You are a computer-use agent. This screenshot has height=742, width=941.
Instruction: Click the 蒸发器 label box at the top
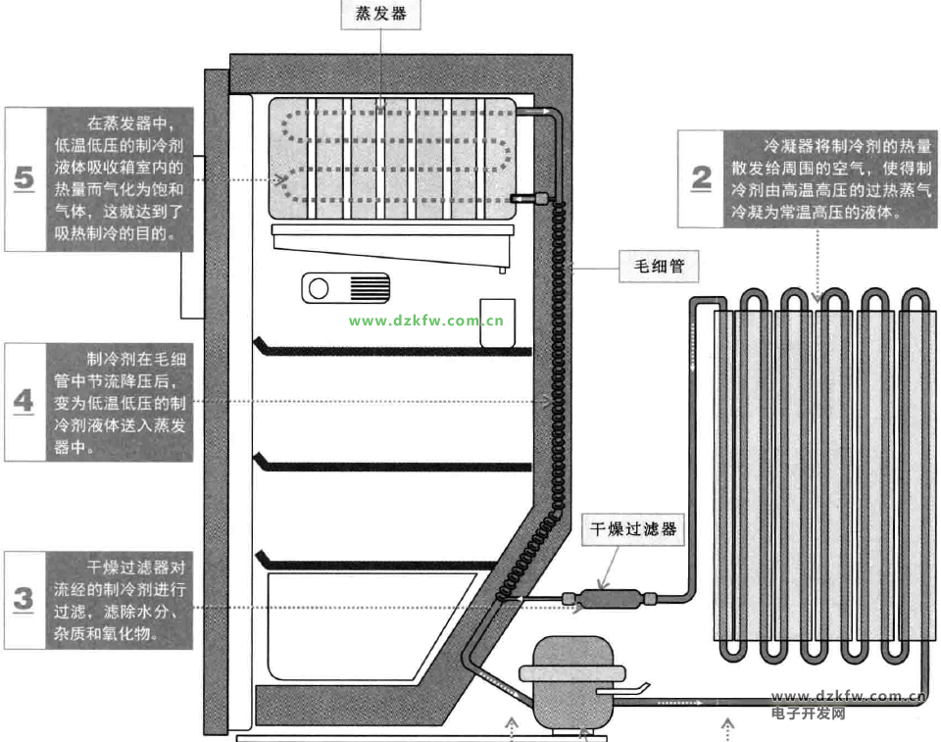pos(380,13)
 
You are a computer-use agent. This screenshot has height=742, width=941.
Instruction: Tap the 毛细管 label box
pos(659,266)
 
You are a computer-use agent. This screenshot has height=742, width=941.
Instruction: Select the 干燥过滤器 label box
pos(633,529)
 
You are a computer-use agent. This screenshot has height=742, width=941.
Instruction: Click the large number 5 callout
pos(24,178)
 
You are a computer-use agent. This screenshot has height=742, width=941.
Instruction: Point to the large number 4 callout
pos(24,401)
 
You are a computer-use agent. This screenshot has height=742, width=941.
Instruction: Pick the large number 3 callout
pos(24,599)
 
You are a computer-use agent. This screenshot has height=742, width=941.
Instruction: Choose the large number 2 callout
pos(701,178)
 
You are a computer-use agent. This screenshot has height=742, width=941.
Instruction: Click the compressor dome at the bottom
pos(572,683)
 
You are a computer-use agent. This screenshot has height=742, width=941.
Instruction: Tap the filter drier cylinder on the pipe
pos(609,599)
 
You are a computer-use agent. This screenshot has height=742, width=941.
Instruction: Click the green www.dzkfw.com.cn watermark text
pos(426,321)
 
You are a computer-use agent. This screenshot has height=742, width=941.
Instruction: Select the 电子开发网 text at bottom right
pos(809,714)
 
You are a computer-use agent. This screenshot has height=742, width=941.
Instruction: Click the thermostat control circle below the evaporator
pos(319,289)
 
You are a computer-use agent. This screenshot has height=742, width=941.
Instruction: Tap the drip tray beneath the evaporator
pos(393,246)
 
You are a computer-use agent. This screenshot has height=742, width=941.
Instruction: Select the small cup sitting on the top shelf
pos(498,323)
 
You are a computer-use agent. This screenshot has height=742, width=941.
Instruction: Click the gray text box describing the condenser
pos(830,179)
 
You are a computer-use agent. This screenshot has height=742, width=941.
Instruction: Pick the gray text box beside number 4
pos(120,402)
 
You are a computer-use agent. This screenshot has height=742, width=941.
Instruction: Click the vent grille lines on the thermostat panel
pos(370,289)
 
